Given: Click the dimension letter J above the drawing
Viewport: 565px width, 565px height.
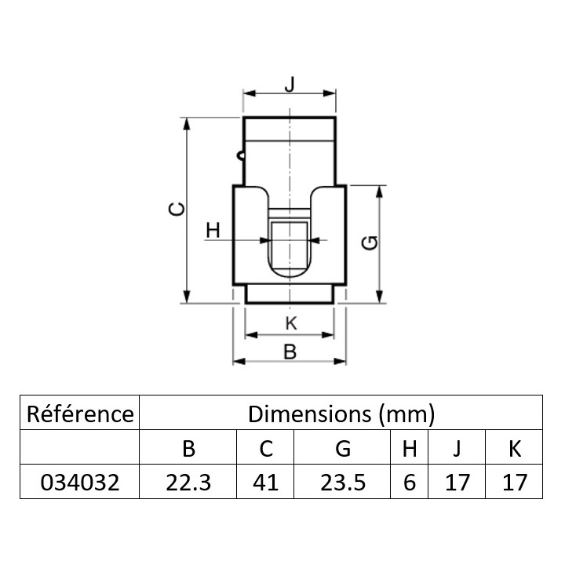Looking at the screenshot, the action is click(290, 84).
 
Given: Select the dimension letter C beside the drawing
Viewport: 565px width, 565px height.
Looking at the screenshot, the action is click(177, 210).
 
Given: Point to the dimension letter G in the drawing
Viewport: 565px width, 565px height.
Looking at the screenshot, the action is click(370, 242).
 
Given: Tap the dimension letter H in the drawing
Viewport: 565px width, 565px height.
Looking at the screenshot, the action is click(213, 230).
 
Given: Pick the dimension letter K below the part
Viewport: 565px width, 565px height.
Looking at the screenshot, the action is click(291, 323).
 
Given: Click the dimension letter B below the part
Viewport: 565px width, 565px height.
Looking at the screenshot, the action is click(290, 352).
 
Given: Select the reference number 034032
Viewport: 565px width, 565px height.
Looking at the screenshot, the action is click(79, 483).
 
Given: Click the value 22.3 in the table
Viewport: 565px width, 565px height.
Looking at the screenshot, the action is click(188, 483).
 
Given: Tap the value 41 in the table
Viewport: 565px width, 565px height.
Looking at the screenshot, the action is click(265, 483).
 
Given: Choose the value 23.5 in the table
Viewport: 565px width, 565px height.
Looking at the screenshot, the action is click(343, 483).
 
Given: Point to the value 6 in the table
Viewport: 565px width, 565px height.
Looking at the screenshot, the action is click(410, 483).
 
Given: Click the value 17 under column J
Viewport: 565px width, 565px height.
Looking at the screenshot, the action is click(457, 483).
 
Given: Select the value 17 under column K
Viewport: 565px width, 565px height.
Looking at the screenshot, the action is click(514, 483).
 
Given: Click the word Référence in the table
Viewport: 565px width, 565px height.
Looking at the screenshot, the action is click(80, 414).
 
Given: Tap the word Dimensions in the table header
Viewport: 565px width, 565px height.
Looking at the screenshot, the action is click(309, 414).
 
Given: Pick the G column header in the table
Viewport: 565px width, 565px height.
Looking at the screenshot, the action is click(343, 449).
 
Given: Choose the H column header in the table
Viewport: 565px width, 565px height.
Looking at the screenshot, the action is click(410, 449).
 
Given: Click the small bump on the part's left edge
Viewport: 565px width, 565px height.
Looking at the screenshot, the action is click(241, 155).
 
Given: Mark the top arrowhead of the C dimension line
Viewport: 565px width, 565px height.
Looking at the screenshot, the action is click(186, 124).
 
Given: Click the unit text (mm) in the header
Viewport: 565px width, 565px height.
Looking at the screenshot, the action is click(406, 414).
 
